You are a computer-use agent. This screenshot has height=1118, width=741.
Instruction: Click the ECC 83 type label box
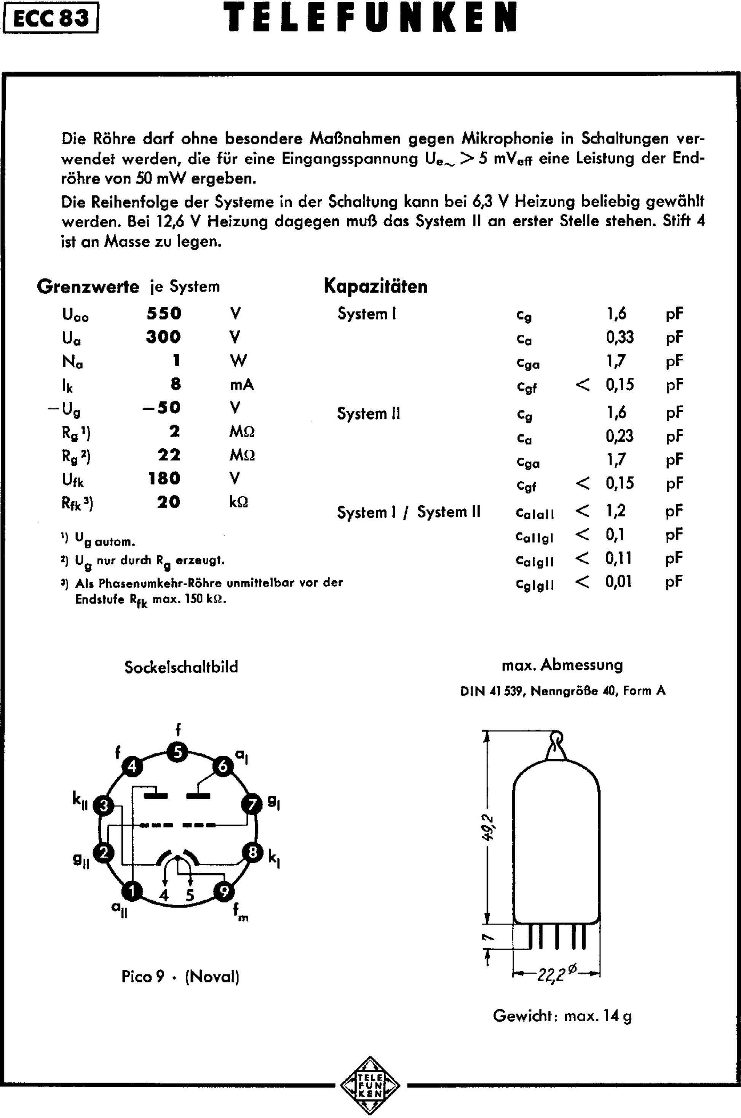click(51, 18)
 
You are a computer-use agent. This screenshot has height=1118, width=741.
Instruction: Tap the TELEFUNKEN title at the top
click(370, 18)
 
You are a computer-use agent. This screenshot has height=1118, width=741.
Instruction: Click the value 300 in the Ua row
click(163, 337)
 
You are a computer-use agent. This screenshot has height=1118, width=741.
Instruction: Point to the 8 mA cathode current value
click(176, 384)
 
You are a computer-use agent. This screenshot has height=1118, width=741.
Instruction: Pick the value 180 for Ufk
click(164, 478)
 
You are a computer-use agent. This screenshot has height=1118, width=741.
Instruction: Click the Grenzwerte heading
click(88, 286)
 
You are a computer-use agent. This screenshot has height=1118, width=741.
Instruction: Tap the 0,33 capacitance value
click(620, 337)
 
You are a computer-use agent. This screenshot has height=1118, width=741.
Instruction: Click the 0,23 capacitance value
click(620, 436)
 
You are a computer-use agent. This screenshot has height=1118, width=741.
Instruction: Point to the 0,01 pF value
click(619, 581)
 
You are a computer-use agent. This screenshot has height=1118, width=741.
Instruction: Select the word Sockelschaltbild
click(181, 667)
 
